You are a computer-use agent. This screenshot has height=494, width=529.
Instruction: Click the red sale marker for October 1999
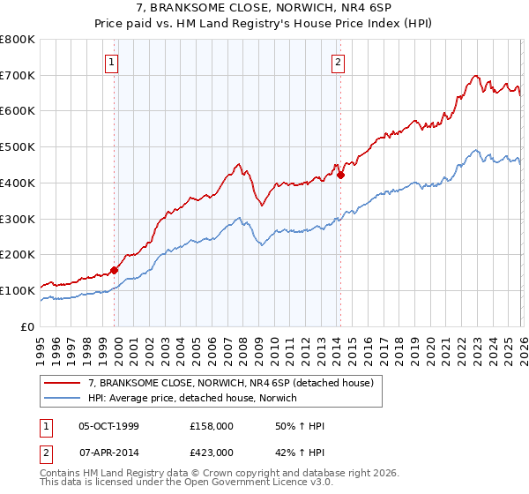(114, 270)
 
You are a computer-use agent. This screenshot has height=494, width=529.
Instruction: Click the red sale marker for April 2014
(340, 175)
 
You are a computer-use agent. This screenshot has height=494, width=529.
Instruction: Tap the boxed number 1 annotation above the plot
(114, 62)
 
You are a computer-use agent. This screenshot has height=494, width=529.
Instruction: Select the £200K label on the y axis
(18, 255)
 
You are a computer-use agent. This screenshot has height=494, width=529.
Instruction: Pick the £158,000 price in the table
(211, 426)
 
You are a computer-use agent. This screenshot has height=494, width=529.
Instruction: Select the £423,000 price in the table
(211, 453)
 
